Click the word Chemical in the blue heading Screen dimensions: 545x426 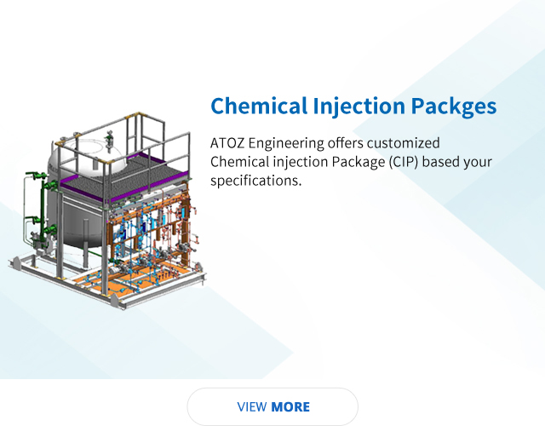tap(259, 106)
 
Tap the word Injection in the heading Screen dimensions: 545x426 tap(359, 106)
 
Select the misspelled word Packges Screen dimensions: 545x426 tap(454, 106)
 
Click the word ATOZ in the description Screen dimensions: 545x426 tap(227, 143)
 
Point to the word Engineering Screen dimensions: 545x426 tap(286, 144)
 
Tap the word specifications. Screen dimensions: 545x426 tap(255, 181)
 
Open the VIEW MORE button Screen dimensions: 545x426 tap(272, 406)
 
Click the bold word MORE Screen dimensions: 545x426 tap(290, 407)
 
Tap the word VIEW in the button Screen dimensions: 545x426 tap(252, 407)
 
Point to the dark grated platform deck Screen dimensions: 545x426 tap(123, 180)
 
